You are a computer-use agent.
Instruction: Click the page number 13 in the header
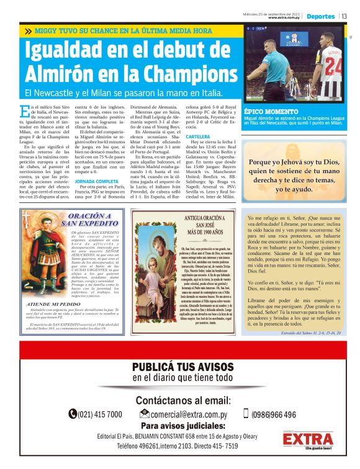tap(344, 16)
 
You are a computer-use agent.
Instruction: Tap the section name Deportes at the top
tap(320, 16)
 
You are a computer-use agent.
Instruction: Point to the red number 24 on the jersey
tap(332, 62)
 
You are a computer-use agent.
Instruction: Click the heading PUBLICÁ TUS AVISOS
tap(180, 365)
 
